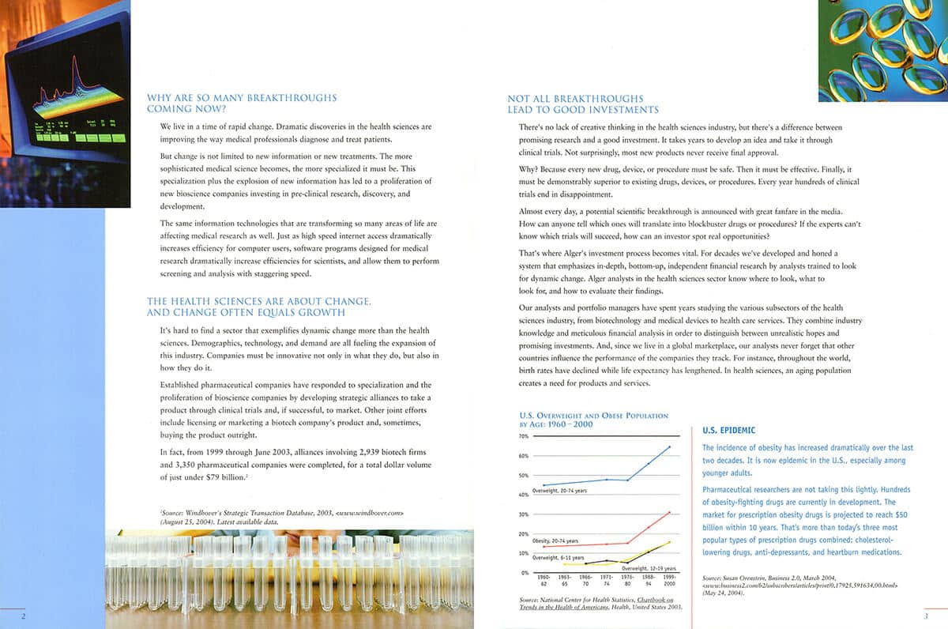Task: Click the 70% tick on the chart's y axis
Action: tap(524, 436)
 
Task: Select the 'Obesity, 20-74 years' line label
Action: tap(555, 540)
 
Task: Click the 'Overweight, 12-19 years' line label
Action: tap(649, 568)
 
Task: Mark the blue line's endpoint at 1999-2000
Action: tap(670, 447)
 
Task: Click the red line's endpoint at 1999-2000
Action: tap(670, 512)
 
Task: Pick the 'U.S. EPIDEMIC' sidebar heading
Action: tap(728, 431)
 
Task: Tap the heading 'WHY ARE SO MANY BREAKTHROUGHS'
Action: tap(242, 98)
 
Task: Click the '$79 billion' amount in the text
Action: tap(222, 478)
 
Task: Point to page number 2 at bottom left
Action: tap(24, 616)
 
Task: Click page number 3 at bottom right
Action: tap(925, 616)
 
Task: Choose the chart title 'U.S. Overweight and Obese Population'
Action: tap(593, 416)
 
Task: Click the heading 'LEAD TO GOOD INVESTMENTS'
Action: tap(582, 110)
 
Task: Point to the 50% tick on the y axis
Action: tap(524, 475)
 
